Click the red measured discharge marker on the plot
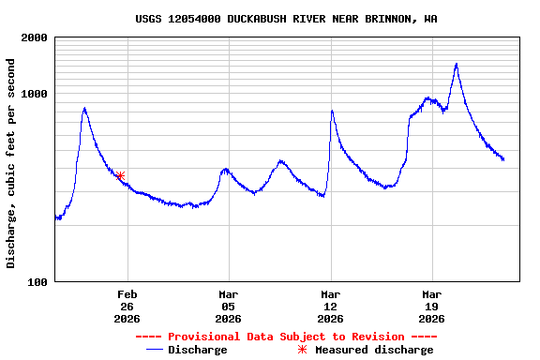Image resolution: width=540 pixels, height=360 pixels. coord(121,175)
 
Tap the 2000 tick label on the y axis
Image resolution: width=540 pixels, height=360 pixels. coord(34,38)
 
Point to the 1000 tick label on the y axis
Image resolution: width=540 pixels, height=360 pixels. coord(34,95)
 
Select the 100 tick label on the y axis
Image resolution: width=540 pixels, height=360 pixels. coord(37,282)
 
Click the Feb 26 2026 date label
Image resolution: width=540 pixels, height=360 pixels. coord(127,307)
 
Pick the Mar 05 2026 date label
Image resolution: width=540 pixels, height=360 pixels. coord(229,307)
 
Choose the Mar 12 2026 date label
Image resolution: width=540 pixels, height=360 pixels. coord(330,307)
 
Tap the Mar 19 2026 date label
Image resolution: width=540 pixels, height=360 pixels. coord(432,307)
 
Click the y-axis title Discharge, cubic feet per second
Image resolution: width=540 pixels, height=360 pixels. coord(11,163)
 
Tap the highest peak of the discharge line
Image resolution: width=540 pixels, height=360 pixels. coord(456,65)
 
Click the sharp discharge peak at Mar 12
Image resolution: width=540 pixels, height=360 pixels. coord(332,112)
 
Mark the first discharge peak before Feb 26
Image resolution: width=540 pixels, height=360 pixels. coord(84,109)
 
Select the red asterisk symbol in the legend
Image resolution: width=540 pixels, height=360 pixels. coord(302,350)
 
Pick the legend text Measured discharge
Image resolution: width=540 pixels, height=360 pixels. coord(374,350)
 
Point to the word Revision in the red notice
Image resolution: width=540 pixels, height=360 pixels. coord(374,337)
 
